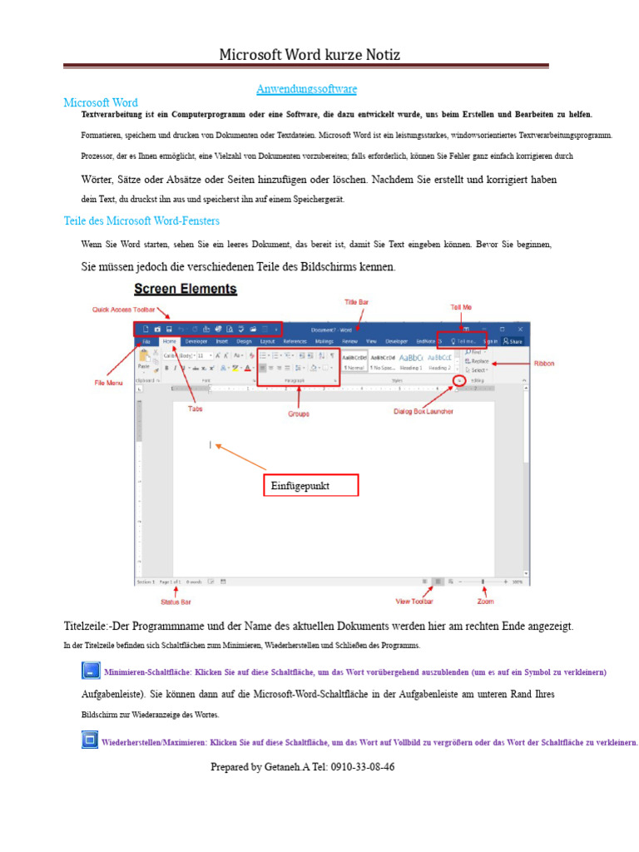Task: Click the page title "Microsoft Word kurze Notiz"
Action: [x=310, y=55]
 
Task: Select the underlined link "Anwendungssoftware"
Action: [x=306, y=88]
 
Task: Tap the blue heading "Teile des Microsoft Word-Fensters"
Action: [x=141, y=221]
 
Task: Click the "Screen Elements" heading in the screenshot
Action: [x=186, y=290]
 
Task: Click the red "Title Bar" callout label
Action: [x=357, y=300]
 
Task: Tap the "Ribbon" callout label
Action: [x=544, y=364]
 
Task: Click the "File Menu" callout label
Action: [x=108, y=382]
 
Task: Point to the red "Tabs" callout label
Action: [x=195, y=409]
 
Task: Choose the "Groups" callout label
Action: [x=300, y=412]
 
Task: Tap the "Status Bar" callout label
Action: [x=175, y=602]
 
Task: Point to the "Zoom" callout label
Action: [x=485, y=601]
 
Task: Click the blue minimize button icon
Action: [x=90, y=671]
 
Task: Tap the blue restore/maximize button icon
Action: [x=90, y=739]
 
